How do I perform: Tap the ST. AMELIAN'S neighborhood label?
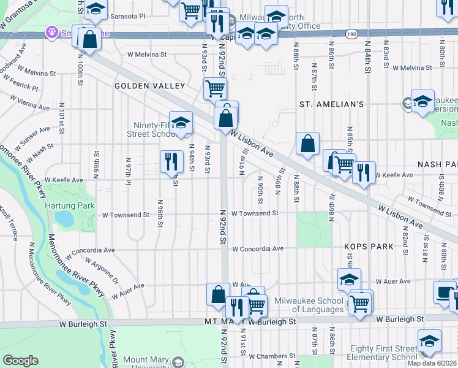pos(331,104)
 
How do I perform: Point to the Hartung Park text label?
pos(70,205)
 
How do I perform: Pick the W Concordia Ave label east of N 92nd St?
pos(258,249)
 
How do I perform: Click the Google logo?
pos(20,361)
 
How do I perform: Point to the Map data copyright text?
pos(432,363)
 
